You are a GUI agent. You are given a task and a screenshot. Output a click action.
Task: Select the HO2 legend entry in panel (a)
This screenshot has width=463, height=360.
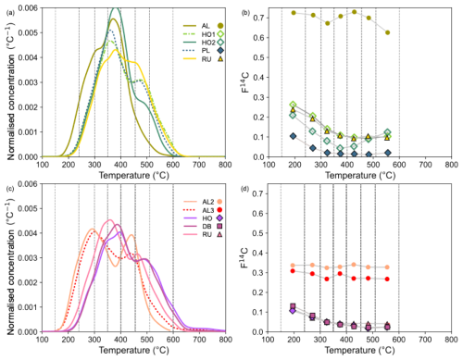click(204, 43)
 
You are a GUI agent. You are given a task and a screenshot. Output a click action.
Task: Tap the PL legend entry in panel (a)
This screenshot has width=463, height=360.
click(204, 51)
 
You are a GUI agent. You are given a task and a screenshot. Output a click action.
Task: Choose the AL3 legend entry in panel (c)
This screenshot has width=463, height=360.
click(203, 210)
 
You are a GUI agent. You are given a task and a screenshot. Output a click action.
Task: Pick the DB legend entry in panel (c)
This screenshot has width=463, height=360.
click(203, 227)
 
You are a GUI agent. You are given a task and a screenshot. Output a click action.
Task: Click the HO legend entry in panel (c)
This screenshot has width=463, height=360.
click(203, 218)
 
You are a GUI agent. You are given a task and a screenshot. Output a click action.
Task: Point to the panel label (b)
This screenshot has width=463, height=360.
click(245, 13)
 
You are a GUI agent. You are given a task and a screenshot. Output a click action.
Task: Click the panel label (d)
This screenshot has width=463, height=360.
click(245, 189)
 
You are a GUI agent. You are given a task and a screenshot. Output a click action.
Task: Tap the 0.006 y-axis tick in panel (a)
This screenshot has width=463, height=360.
click(28, 7)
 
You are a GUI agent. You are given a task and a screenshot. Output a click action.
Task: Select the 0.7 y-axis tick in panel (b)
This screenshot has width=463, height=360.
click(258, 18)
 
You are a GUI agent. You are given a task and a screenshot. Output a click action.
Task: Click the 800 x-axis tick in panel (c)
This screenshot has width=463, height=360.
click(225, 340)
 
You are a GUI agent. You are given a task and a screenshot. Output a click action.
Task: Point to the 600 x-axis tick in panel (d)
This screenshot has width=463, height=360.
click(399, 340)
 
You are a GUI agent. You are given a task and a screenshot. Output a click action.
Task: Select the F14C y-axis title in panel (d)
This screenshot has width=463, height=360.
click(245, 257)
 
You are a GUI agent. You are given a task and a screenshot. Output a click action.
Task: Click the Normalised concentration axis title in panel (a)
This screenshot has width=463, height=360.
click(11, 92)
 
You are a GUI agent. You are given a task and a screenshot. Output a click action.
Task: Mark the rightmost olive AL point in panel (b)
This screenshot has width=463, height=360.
click(388, 32)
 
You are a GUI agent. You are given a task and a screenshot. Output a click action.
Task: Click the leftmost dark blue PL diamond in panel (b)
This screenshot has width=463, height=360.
click(293, 136)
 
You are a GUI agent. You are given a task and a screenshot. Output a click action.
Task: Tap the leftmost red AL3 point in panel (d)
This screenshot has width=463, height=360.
click(293, 271)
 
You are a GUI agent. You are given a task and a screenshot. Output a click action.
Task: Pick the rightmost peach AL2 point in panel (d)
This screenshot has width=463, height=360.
click(387, 267)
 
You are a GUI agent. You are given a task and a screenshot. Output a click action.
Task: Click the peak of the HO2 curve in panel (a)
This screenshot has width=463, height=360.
click(116, 8)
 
